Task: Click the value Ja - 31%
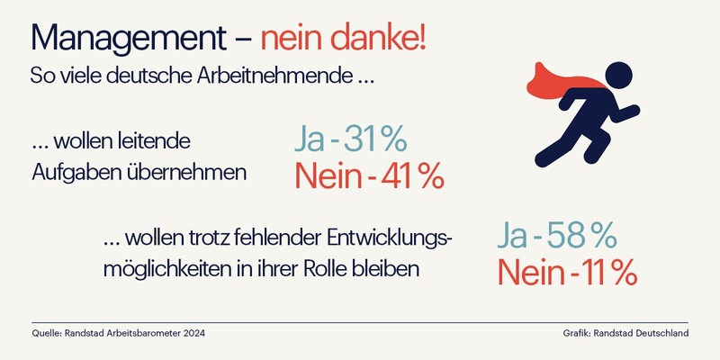pyautogui.click(x=351, y=139)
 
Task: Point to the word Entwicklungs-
pyautogui.click(x=388, y=238)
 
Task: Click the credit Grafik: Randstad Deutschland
pyautogui.click(x=621, y=334)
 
